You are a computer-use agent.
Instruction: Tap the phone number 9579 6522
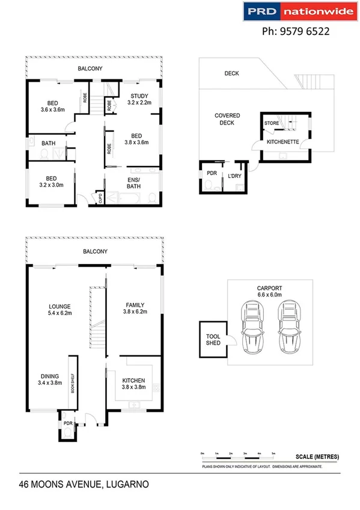(x=296, y=32)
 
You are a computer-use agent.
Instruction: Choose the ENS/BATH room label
(x=134, y=183)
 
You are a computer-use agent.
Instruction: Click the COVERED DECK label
(x=228, y=119)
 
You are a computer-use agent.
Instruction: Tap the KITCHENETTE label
(x=279, y=143)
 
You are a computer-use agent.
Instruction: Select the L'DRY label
(x=234, y=177)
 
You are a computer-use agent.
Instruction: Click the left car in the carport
(x=251, y=328)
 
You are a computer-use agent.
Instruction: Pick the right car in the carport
(x=289, y=328)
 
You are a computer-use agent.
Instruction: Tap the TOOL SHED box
(x=213, y=339)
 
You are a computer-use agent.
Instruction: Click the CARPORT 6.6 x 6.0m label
(x=270, y=292)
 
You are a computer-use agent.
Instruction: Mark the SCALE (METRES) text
(x=317, y=457)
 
